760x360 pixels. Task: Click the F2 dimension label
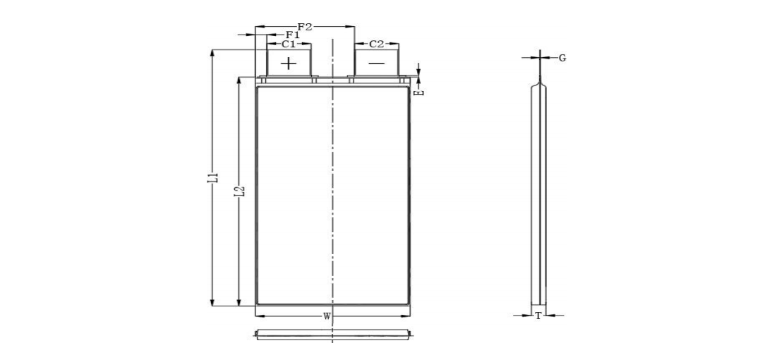tap(305, 27)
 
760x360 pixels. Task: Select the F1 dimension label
tap(292, 35)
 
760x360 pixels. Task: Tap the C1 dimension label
tap(289, 44)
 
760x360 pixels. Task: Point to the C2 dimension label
tap(377, 44)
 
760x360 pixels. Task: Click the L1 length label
tap(212, 178)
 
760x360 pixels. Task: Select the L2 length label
tap(239, 191)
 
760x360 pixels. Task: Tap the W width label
tap(327, 316)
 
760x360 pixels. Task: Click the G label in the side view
tap(562, 58)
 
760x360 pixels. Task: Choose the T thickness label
tap(538, 316)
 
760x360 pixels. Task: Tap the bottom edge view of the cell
tap(332, 334)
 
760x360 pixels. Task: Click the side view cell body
tap(538, 198)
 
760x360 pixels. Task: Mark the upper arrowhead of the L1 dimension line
tap(212, 52)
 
